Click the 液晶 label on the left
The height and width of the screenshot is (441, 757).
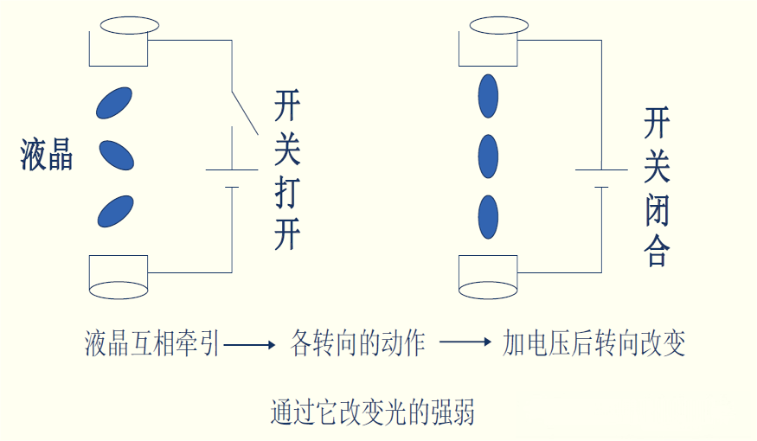click(x=47, y=157)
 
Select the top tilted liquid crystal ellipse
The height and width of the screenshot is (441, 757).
click(x=114, y=102)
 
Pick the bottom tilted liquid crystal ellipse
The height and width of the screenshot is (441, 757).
click(x=115, y=211)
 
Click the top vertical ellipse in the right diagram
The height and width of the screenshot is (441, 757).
click(x=489, y=96)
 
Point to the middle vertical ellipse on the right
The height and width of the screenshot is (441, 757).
click(x=489, y=156)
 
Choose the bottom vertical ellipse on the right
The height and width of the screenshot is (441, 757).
click(x=489, y=217)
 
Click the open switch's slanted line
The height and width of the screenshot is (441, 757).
click(x=246, y=111)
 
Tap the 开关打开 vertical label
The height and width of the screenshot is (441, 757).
click(x=287, y=170)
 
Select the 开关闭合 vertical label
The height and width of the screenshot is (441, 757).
click(x=658, y=185)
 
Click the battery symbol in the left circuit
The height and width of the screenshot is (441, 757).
click(x=232, y=178)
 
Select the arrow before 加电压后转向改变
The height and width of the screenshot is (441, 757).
click(x=465, y=342)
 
